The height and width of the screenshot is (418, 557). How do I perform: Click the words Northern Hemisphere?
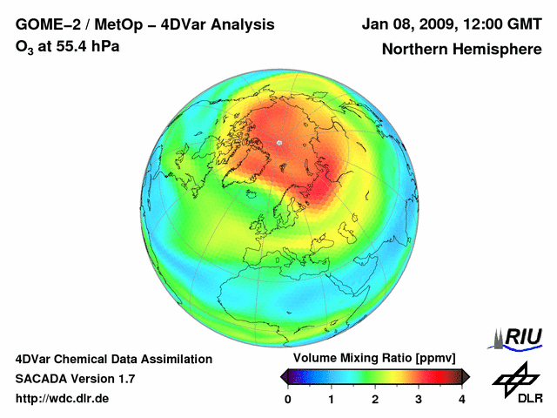[462, 50]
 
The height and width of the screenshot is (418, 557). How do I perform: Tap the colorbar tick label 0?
[288, 399]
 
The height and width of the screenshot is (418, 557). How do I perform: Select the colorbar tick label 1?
[332, 399]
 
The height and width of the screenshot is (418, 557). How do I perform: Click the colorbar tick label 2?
[375, 399]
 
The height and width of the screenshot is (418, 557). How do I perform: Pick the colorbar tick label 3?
[419, 399]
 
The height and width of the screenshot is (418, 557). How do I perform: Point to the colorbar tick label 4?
[462, 399]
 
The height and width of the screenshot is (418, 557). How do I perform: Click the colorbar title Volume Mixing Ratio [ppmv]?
[375, 359]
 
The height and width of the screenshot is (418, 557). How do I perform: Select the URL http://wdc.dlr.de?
[63, 399]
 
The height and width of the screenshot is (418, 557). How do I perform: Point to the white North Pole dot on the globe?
[279, 142]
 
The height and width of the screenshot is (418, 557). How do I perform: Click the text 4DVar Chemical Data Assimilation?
[113, 359]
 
